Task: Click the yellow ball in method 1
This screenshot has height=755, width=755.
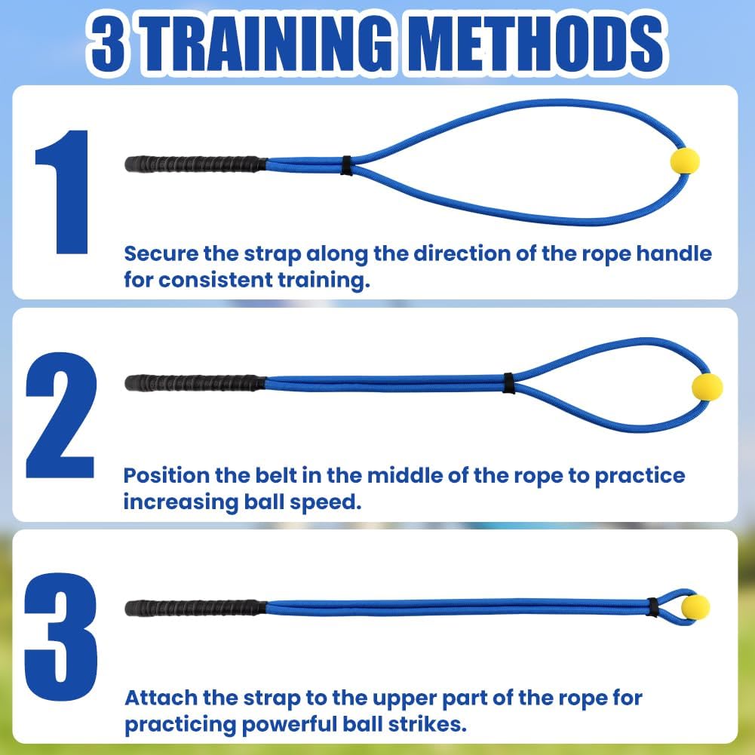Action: [x=685, y=161]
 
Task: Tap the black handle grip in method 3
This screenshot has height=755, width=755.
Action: [x=195, y=607]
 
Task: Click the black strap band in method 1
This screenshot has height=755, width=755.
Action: [x=346, y=165]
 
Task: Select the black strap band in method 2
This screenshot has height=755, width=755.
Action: [x=509, y=383]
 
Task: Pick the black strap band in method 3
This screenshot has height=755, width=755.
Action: [x=653, y=606]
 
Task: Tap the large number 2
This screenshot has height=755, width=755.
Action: [x=61, y=414]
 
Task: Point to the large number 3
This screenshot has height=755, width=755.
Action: [x=61, y=637]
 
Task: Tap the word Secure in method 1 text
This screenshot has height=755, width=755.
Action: [x=159, y=253]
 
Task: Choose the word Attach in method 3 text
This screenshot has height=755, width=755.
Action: [x=155, y=698]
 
